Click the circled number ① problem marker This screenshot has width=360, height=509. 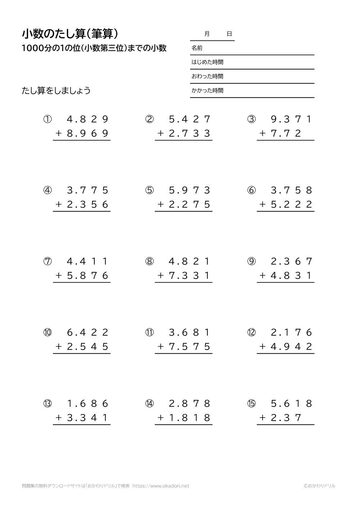pos(48,119)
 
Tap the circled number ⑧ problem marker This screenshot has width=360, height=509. pos(149,262)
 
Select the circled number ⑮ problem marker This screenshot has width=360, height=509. pos(251,404)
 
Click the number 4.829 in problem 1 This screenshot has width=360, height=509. pos(88,119)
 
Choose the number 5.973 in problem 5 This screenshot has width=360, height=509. pos(190,190)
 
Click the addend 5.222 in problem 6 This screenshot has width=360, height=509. pos(291,205)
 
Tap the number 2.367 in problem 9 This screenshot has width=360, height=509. pos(292,262)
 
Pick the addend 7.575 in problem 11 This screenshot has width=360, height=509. pos(189,347)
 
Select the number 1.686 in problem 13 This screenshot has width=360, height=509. pos(88,404)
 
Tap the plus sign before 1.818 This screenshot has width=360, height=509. pos(161,418)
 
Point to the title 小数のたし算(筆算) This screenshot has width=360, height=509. pos(70,34)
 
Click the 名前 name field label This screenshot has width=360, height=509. pos(197,48)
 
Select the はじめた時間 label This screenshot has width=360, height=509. pos(207,62)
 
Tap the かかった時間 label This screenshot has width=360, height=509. pos(207,91)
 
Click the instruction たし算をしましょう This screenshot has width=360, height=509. pos(56,91)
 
